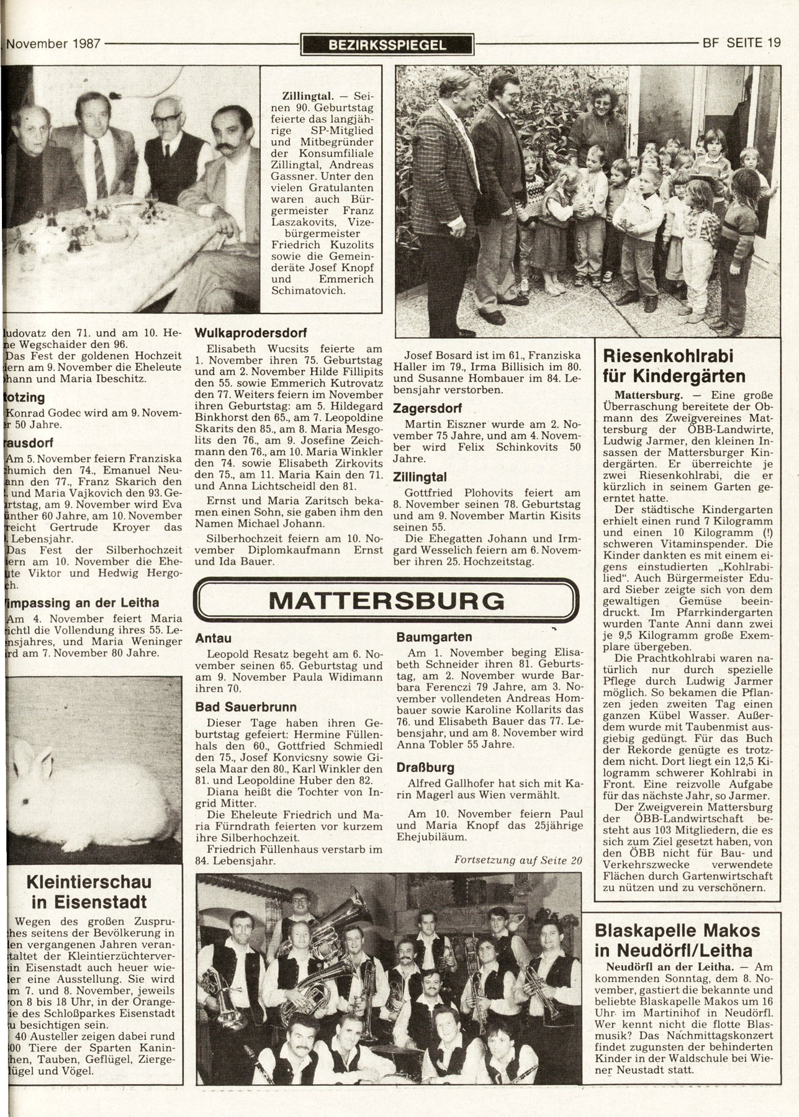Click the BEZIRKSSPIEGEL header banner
(x=387, y=45)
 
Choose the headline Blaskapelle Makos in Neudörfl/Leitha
(x=677, y=940)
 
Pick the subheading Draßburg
(x=425, y=768)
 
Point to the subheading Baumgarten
(x=434, y=637)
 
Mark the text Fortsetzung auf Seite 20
(x=518, y=860)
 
